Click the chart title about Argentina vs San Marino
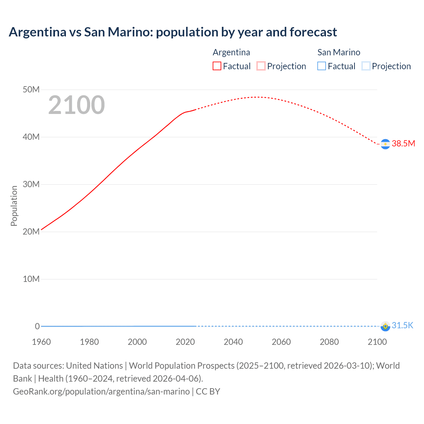tap(173, 32)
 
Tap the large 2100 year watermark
tap(77, 105)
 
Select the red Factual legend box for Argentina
tap(217, 66)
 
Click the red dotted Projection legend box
tap(261, 66)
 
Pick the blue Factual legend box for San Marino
tap(322, 66)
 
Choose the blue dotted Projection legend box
tap(366, 66)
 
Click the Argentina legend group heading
tap(231, 52)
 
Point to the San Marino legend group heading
tap(339, 52)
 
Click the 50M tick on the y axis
tap(31, 89)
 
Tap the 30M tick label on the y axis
tap(31, 184)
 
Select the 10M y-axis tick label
tap(31, 279)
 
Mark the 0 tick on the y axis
tap(37, 326)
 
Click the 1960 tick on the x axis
tap(41, 342)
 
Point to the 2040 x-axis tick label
tap(233, 342)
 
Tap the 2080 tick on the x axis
tap(329, 342)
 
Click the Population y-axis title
tap(14, 206)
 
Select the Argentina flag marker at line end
tap(385, 144)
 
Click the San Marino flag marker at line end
tap(385, 326)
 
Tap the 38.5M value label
tap(403, 143)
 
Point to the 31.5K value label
tap(402, 325)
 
